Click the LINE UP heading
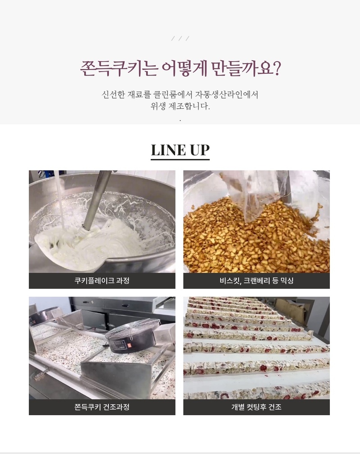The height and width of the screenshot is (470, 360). tap(180, 150)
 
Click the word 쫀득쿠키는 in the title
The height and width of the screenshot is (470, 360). tap(119, 69)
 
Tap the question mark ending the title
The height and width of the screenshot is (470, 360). tap(277, 68)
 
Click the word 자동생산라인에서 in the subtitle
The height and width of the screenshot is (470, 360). tap(227, 95)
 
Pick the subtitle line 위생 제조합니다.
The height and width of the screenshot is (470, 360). tap(180, 106)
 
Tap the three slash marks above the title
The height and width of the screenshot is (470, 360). tap(180, 38)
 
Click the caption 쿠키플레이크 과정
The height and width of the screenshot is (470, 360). tap(102, 281)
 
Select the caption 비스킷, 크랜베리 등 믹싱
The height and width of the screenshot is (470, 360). tap(256, 281)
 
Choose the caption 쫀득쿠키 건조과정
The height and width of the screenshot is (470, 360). tap(102, 407)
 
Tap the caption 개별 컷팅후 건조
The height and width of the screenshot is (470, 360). tap(256, 407)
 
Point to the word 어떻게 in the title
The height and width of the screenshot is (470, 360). tap(184, 69)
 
